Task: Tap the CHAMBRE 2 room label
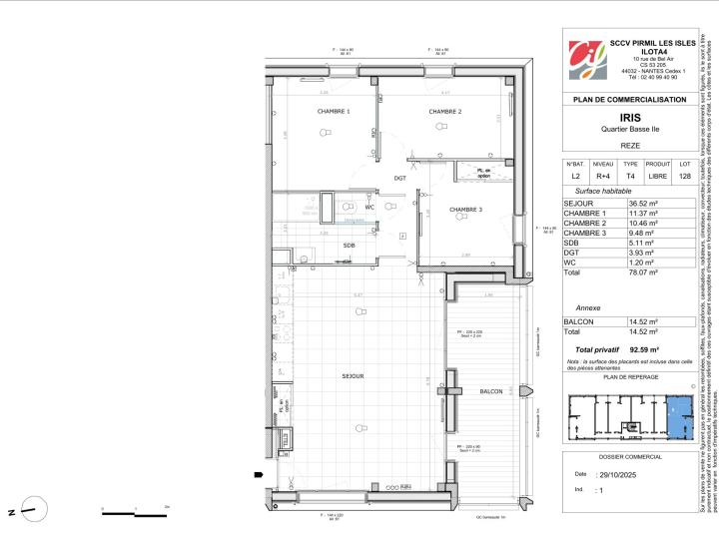(444, 112)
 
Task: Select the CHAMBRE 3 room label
(465, 210)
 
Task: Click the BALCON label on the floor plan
(491, 391)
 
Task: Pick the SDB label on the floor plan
(350, 245)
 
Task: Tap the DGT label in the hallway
(399, 178)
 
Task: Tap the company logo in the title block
(586, 62)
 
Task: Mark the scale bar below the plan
(135, 513)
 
